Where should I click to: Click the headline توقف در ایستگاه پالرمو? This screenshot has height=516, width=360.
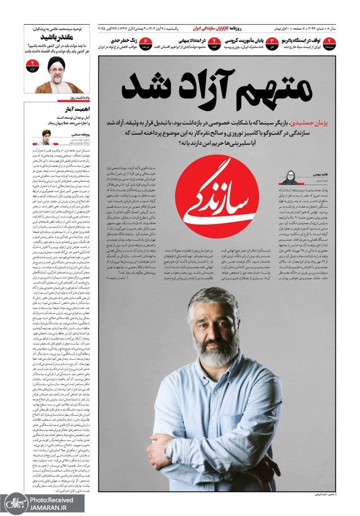(x=299, y=40)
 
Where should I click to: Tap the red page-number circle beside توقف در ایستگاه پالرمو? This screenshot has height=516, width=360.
(x=329, y=43)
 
